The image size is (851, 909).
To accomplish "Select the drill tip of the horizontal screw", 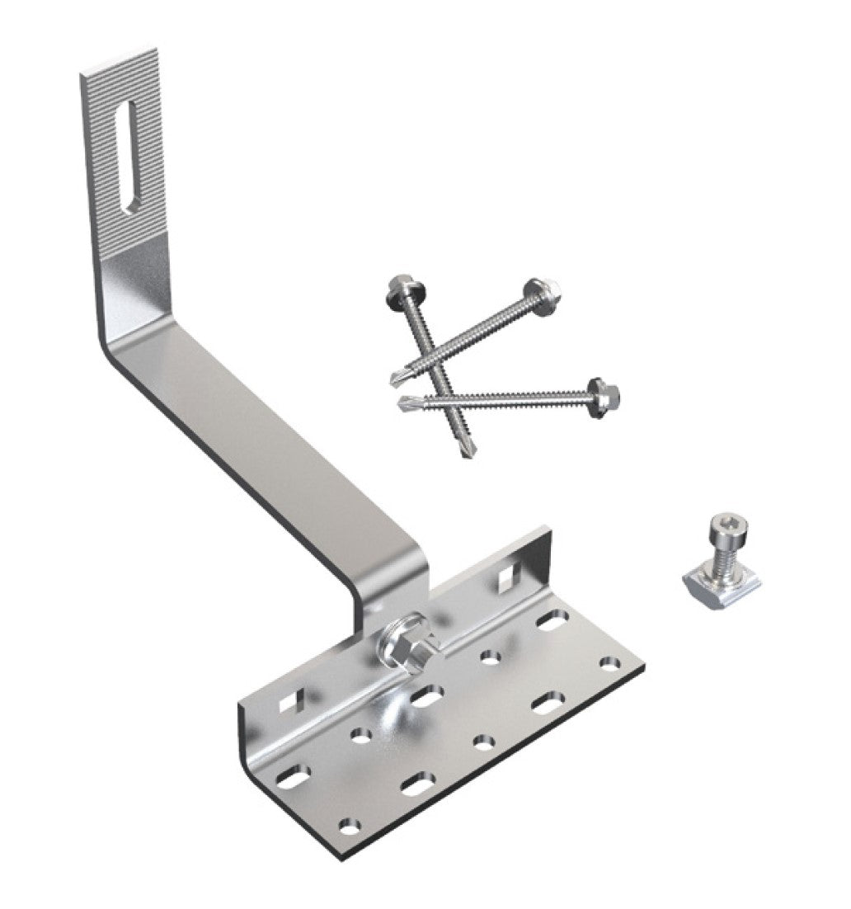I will [x=404, y=404].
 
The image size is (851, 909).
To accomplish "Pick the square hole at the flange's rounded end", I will [x=289, y=702].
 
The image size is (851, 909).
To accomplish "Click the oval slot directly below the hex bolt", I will [x=425, y=698].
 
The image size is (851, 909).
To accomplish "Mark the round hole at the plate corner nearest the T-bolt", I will [x=609, y=662].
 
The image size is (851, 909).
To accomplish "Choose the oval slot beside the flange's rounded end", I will [x=293, y=775].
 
